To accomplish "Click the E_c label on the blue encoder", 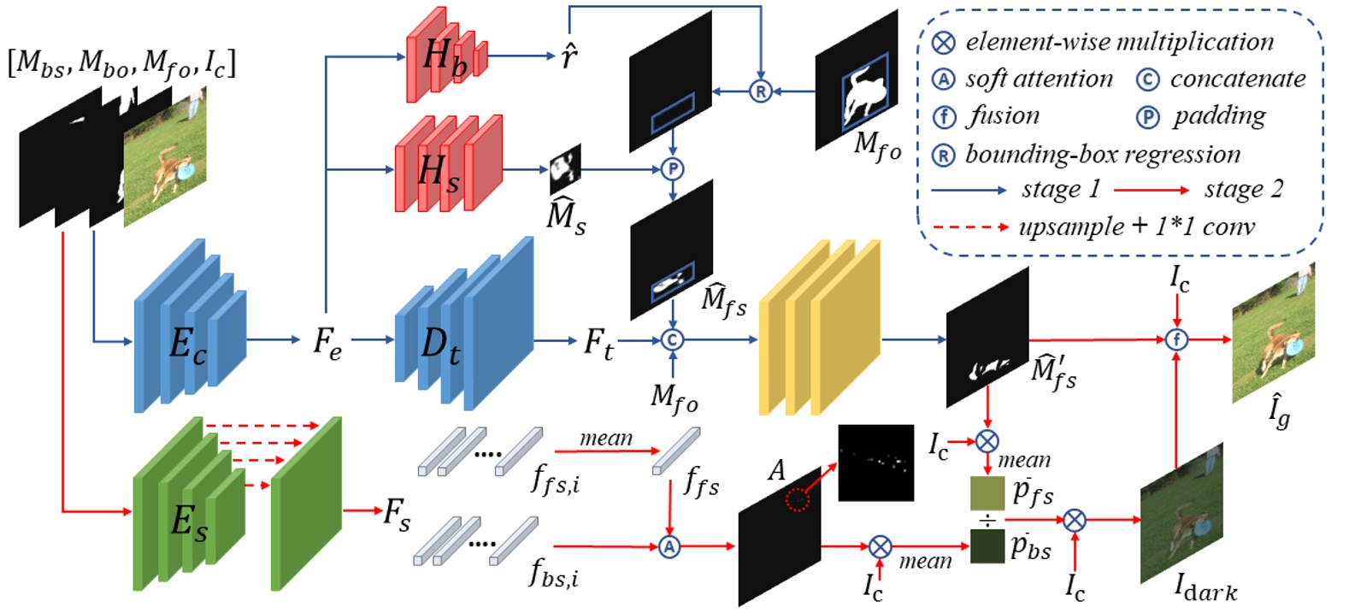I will [x=187, y=344].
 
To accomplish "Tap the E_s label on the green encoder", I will [x=189, y=519].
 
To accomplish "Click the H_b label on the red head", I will [x=445, y=57].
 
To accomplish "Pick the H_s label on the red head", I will [x=439, y=172].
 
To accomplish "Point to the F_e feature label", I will [x=327, y=341].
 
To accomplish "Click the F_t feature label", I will [x=598, y=343].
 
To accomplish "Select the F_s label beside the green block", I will [x=396, y=513].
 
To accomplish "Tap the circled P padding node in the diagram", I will [x=673, y=169].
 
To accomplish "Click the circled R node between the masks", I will [x=760, y=91].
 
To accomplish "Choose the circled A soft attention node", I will [x=669, y=546].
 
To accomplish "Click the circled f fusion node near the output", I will [x=1176, y=339].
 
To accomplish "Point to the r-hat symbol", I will [x=568, y=56].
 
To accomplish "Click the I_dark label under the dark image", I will [x=1205, y=588].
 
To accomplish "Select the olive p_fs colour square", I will [x=987, y=494].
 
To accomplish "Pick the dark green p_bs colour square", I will [x=987, y=546].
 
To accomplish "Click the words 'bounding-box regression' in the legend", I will [x=1103, y=155].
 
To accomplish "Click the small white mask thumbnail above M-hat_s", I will [x=564, y=168].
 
